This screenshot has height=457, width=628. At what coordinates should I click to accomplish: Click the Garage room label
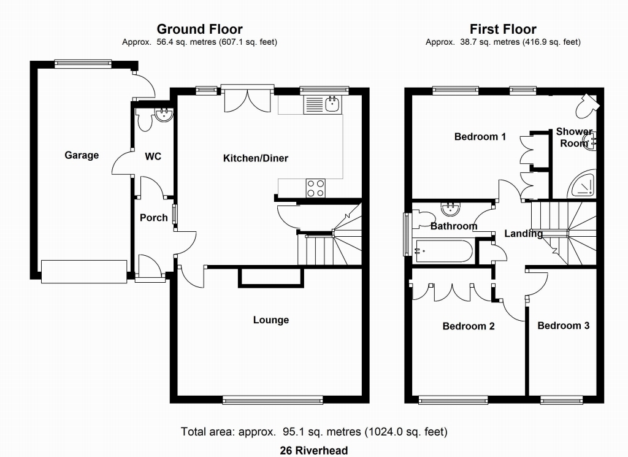82,155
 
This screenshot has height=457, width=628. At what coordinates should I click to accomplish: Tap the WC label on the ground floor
153,156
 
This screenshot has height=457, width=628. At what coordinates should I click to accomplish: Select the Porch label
154,218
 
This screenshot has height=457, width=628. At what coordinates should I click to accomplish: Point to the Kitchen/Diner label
256,158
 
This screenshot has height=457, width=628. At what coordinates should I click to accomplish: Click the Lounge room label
271,320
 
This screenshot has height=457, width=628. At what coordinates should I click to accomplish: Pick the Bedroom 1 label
480,137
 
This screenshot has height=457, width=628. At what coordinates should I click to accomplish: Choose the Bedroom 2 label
469,326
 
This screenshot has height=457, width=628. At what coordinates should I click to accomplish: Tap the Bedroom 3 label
564,326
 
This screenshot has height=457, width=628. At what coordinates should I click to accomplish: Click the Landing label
524,234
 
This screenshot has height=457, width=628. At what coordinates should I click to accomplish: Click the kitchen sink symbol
323,104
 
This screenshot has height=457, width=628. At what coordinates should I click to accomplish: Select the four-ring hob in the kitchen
315,188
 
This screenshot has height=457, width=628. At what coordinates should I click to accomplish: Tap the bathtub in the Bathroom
444,251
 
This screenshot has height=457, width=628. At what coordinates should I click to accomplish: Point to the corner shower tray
582,184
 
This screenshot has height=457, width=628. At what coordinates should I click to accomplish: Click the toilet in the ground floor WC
144,119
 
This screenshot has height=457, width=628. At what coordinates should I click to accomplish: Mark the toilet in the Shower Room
587,106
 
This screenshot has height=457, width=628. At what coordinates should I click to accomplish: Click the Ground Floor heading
199,29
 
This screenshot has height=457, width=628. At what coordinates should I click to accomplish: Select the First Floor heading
503,29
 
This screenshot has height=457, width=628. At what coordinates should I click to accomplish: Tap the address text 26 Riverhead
314,451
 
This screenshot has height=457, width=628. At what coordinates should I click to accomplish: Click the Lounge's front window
272,399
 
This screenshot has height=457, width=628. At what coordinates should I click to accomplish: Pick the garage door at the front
84,272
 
